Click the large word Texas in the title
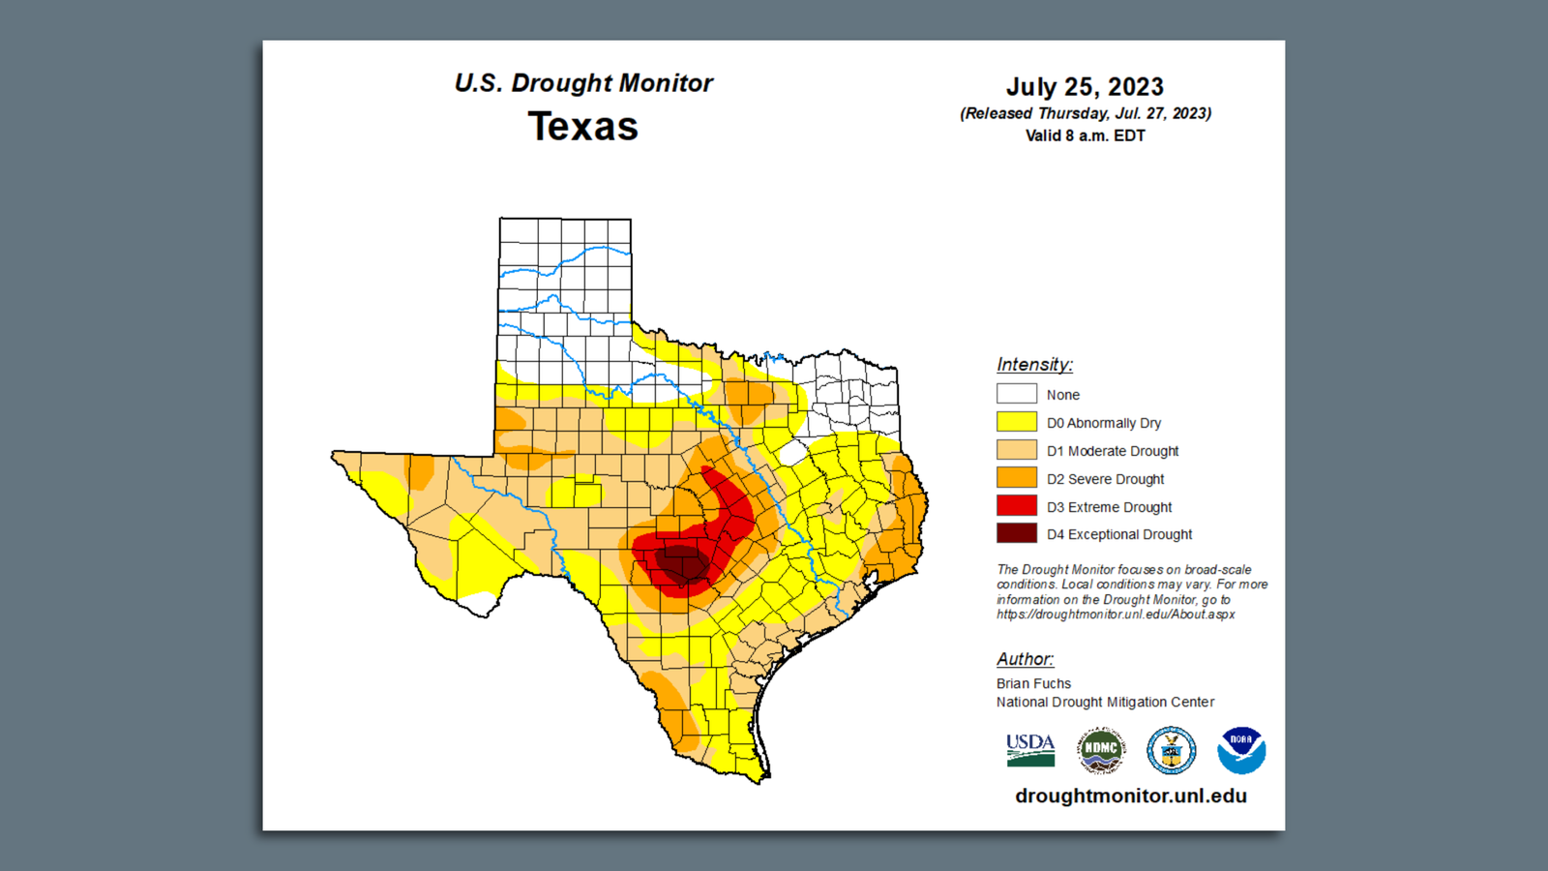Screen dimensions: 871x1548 582,127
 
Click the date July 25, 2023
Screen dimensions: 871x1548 1085,87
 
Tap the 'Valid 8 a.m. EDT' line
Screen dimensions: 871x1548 1085,135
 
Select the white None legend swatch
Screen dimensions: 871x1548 1016,394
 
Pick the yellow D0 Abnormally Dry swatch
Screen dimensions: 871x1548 1016,422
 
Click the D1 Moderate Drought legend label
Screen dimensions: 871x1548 1112,451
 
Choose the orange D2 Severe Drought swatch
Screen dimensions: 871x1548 1016,478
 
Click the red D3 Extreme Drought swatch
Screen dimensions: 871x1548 1016,505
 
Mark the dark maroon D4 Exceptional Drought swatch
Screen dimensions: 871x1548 1016,533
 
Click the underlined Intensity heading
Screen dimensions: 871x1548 1034,365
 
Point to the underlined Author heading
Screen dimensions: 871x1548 1025,659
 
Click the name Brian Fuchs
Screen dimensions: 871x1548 1033,683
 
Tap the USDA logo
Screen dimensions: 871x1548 1030,750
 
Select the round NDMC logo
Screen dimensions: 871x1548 1101,750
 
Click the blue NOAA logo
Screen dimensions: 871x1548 1241,750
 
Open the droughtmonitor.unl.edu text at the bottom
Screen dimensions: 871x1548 1130,796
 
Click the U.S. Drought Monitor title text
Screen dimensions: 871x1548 583,83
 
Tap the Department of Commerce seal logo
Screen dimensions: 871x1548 1171,750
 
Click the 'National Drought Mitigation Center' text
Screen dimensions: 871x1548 1105,702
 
